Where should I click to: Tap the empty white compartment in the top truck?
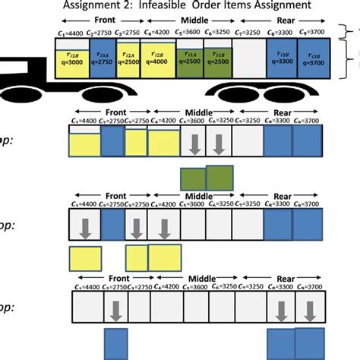(x=249, y=61)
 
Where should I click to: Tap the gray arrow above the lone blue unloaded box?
(x=116, y=309)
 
